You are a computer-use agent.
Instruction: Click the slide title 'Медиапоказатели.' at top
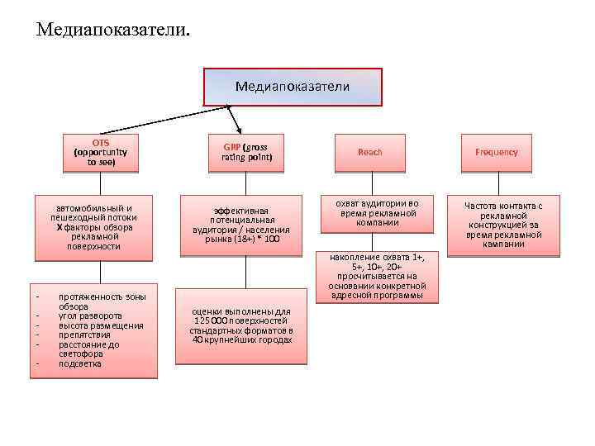point(112,30)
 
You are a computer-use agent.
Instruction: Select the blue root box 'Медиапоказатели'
point(293,87)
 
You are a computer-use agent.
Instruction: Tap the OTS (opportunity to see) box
point(102,152)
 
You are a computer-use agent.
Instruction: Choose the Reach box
point(369,152)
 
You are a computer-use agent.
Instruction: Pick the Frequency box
point(497,152)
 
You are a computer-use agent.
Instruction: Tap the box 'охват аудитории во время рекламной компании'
point(379,212)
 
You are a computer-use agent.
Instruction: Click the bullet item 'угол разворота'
point(90,316)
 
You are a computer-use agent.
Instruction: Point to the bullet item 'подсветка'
point(80,363)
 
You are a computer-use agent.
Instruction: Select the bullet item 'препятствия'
point(85,334)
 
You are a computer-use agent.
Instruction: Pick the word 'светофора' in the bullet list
point(80,353)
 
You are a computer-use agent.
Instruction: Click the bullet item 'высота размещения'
point(101,325)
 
